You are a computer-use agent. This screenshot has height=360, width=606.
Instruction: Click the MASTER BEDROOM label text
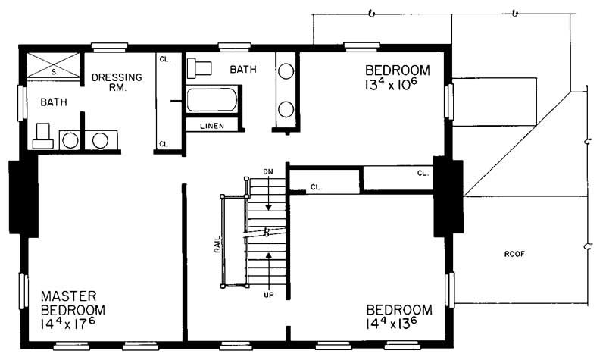[x=73, y=303]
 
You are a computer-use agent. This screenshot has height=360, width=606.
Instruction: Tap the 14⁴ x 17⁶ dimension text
[x=73, y=323]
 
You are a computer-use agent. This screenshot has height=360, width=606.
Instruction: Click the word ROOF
[x=514, y=254]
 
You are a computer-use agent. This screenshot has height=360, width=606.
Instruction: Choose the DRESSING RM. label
[x=114, y=82]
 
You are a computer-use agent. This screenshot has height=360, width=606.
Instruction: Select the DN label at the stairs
[x=267, y=172]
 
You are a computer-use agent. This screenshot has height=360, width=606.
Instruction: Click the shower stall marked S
[x=53, y=65]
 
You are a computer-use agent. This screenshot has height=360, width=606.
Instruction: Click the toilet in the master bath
[x=42, y=135]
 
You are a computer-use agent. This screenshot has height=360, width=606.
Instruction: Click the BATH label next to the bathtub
[x=243, y=69]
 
